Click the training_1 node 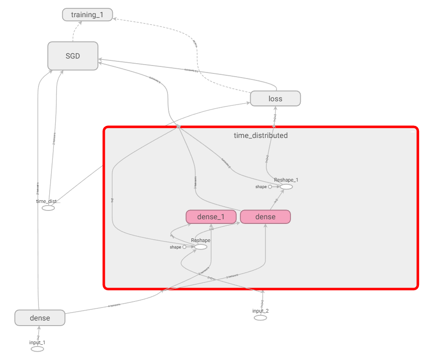pyautogui.click(x=87, y=15)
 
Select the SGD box pyautogui.click(x=73, y=56)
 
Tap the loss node pyautogui.click(x=275, y=98)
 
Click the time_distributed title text pyautogui.click(x=260, y=136)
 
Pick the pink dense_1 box pyautogui.click(x=211, y=217)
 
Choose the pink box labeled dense pyautogui.click(x=265, y=217)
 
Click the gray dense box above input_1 pyautogui.click(x=40, y=318)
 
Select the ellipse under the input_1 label pyautogui.click(x=38, y=349)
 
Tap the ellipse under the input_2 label pyautogui.click(x=260, y=318)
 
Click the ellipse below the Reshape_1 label pyautogui.click(x=286, y=187)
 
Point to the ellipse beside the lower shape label pyautogui.click(x=200, y=247)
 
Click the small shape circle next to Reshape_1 pyautogui.click(x=270, y=187)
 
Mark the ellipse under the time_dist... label pyautogui.click(x=48, y=208)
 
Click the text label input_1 pyautogui.click(x=38, y=342)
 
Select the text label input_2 pyautogui.click(x=260, y=311)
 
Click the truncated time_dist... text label pyautogui.click(x=48, y=201)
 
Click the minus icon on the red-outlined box pyautogui.click(x=412, y=132)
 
